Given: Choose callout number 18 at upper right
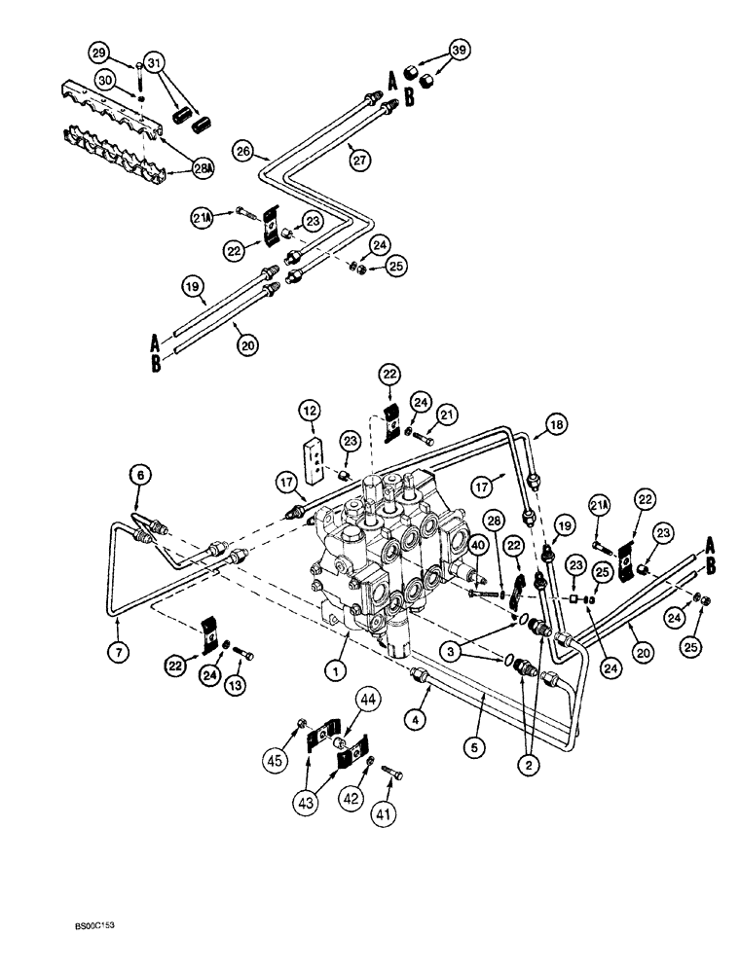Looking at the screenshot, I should tap(556, 425).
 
